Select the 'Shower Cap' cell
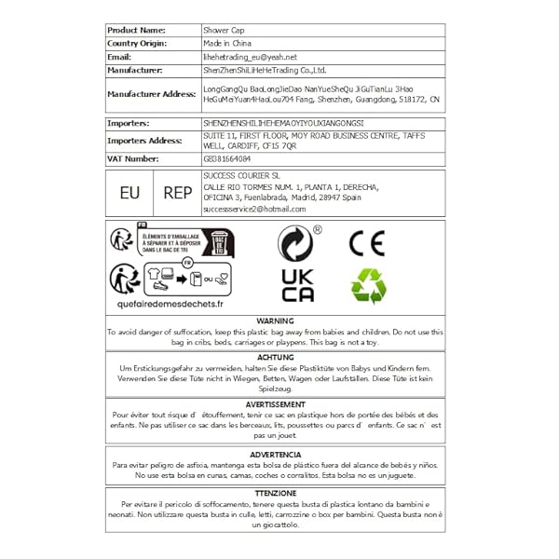click(224, 30)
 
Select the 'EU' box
click(130, 193)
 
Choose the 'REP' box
click(177, 193)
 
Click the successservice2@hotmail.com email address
click(253, 211)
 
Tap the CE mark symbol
click(366, 244)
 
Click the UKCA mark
click(298, 285)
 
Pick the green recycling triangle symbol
click(366, 286)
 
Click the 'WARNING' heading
click(275, 320)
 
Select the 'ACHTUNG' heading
click(275, 357)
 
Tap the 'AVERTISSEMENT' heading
click(275, 404)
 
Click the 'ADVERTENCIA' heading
click(275, 454)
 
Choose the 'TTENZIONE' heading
click(275, 492)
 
